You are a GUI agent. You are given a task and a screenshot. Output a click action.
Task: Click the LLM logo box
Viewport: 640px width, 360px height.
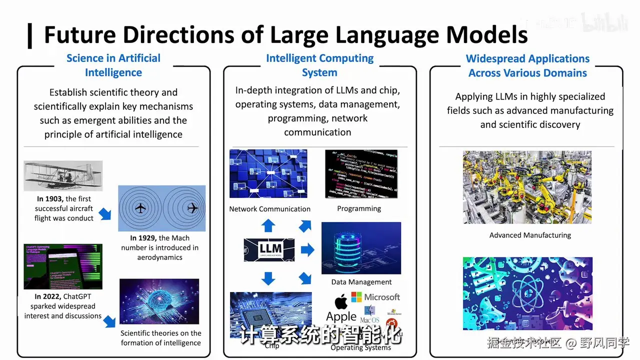[269, 250]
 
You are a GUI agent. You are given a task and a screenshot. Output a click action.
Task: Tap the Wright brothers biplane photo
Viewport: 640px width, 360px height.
[63, 175]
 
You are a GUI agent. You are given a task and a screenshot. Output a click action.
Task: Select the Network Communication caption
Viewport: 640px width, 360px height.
[269, 209]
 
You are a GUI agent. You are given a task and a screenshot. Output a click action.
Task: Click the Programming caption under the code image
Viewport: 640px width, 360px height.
[359, 208]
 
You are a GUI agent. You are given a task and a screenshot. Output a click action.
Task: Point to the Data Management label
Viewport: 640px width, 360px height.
[361, 282]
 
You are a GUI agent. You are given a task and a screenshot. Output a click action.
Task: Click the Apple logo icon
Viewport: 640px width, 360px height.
[341, 302]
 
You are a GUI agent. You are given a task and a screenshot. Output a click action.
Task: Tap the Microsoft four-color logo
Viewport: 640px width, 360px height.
[356, 297]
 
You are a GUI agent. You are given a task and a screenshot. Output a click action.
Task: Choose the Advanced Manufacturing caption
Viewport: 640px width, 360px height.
[530, 235]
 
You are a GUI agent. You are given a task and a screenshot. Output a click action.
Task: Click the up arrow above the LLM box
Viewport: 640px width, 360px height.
[268, 225]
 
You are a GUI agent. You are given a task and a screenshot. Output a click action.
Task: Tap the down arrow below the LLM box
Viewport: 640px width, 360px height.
[268, 278]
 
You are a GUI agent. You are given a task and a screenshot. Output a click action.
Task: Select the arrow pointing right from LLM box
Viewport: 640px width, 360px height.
[307, 249]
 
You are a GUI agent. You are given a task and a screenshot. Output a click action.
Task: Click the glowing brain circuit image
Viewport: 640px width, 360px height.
[159, 301]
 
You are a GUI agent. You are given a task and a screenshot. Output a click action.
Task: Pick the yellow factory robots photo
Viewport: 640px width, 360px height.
[527, 187]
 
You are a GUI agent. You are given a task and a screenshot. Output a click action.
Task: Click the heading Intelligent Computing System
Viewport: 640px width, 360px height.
[319, 65]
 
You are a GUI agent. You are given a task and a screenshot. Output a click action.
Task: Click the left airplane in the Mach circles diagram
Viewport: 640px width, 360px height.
[141, 208]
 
